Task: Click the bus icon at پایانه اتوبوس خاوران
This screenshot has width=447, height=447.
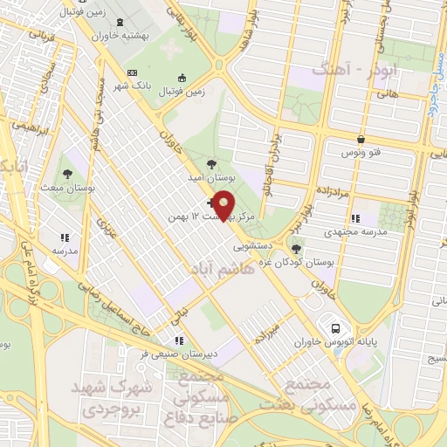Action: [x=334, y=328]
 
